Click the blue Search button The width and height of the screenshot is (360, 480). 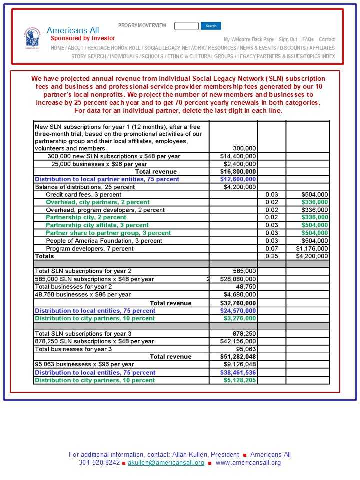[211, 26]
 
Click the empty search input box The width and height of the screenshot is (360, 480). [186, 26]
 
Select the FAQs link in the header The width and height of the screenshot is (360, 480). [308, 39]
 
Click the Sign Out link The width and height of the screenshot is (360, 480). [288, 39]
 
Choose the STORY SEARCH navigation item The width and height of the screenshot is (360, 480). [88, 56]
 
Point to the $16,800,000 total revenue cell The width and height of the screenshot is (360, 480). [238, 172]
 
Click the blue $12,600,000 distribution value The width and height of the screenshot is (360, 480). [238, 179]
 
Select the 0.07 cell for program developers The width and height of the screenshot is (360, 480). [271, 248]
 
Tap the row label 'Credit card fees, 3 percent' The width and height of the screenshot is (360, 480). [83, 195]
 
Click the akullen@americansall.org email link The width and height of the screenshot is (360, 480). [166, 463]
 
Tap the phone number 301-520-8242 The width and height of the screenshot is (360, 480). [99, 463]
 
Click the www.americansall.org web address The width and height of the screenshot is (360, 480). [248, 463]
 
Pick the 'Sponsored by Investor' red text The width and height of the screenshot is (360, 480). [83, 38]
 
